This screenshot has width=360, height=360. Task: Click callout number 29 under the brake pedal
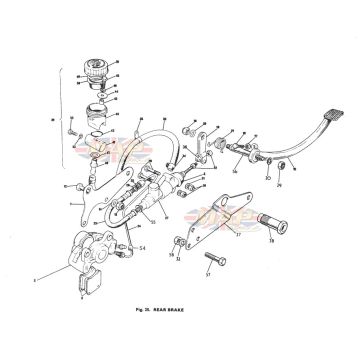(x=279, y=184)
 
